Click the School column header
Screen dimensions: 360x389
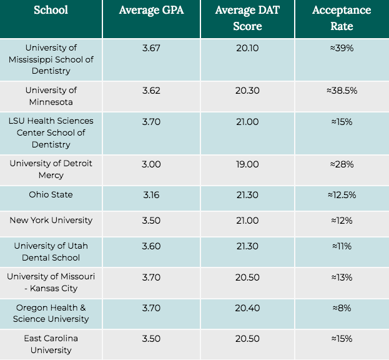[51, 10]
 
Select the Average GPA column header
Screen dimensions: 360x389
[151, 11]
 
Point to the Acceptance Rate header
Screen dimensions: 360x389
[341, 19]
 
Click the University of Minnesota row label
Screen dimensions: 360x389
[51, 96]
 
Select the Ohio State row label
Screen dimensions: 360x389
[51, 195]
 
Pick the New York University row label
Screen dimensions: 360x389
[51, 220]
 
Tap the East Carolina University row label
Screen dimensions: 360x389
[51, 344]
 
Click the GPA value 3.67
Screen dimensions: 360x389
[151, 47]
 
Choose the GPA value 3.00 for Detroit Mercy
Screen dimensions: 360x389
[151, 164]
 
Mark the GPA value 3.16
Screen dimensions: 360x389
[151, 195]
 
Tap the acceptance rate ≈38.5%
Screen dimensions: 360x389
[341, 91]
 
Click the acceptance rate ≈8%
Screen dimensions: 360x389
[341, 307]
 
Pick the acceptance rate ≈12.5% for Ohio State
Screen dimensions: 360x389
[341, 195]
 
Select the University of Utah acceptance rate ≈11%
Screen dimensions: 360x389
[341, 246]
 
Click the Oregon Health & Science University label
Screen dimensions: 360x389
[51, 313]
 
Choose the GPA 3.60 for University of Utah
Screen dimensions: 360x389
[151, 246]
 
